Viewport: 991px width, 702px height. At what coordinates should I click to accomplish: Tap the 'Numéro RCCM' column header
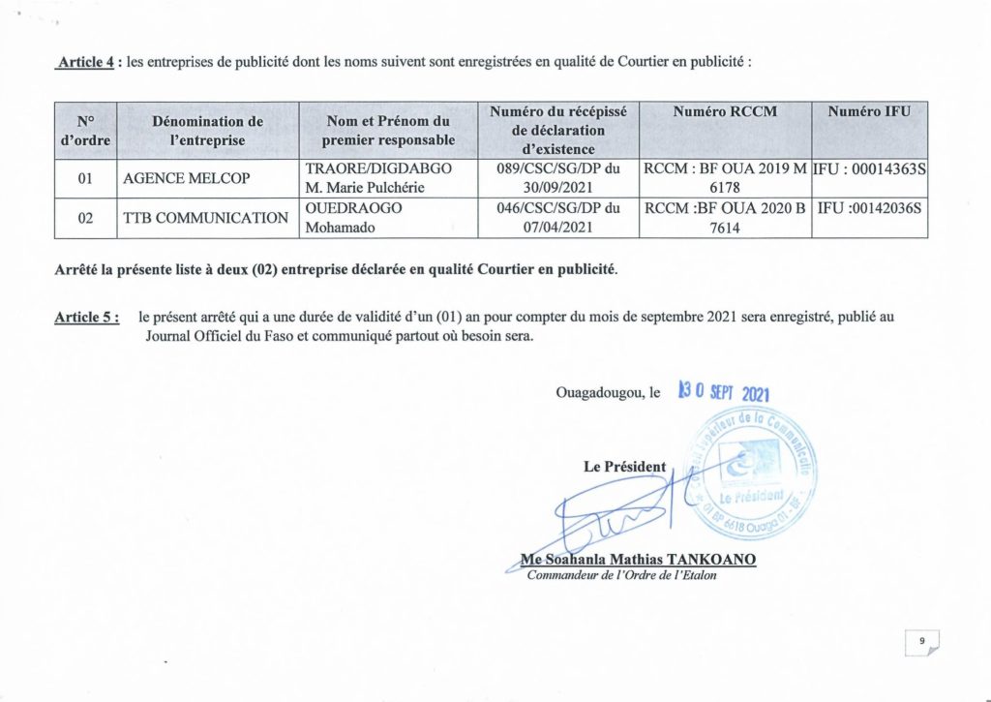pyautogui.click(x=725, y=112)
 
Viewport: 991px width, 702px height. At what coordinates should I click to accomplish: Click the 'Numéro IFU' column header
pyautogui.click(x=869, y=112)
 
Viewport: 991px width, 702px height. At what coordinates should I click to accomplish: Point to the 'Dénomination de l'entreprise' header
pyautogui.click(x=207, y=131)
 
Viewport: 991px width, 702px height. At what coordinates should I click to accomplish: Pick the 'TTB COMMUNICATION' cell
pyautogui.click(x=206, y=218)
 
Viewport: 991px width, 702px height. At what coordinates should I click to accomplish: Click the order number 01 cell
pyautogui.click(x=84, y=179)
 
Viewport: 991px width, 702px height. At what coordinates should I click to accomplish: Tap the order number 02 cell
pyautogui.click(x=84, y=218)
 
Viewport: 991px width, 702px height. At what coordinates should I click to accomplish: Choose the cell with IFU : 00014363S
pyautogui.click(x=870, y=169)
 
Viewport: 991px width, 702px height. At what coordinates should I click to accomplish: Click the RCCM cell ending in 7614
pyautogui.click(x=725, y=218)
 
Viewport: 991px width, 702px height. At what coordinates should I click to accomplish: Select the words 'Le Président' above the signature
pyautogui.click(x=624, y=467)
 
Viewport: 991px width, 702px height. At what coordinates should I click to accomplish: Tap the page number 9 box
pyautogui.click(x=922, y=641)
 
